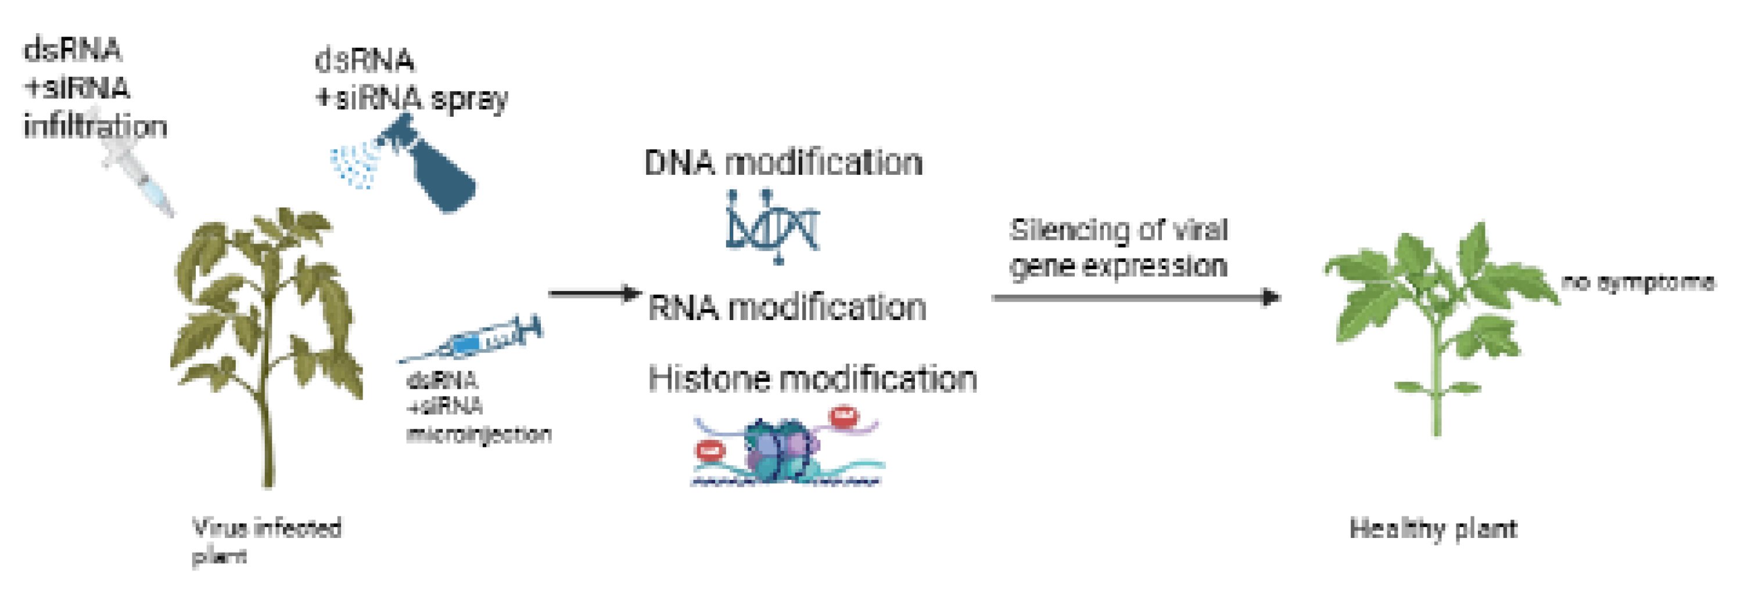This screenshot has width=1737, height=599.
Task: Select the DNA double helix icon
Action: click(x=772, y=226)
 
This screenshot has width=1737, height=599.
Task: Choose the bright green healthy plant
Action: click(x=1436, y=317)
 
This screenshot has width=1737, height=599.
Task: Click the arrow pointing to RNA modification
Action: click(x=593, y=293)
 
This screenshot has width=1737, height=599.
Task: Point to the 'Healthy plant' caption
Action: click(x=1433, y=528)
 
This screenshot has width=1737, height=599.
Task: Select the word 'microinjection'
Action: click(x=479, y=434)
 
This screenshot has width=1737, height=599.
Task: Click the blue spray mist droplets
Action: click(x=354, y=165)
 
